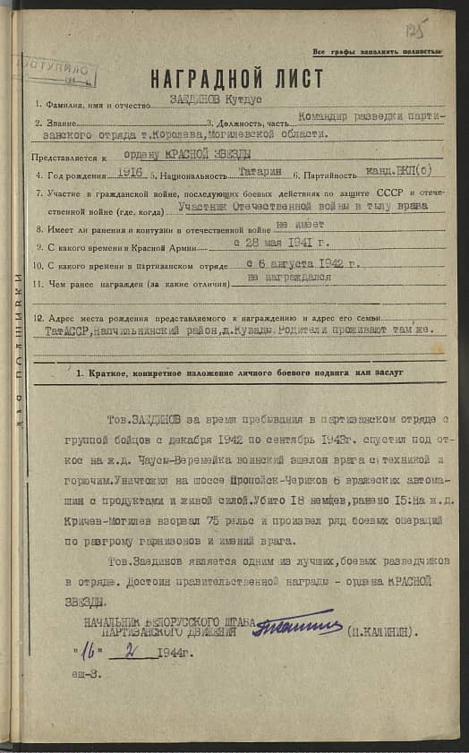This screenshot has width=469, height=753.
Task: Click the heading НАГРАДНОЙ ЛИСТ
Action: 236,79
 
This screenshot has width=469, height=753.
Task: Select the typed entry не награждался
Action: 288,278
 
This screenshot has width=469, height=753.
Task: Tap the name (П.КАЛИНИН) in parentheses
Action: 379,630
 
